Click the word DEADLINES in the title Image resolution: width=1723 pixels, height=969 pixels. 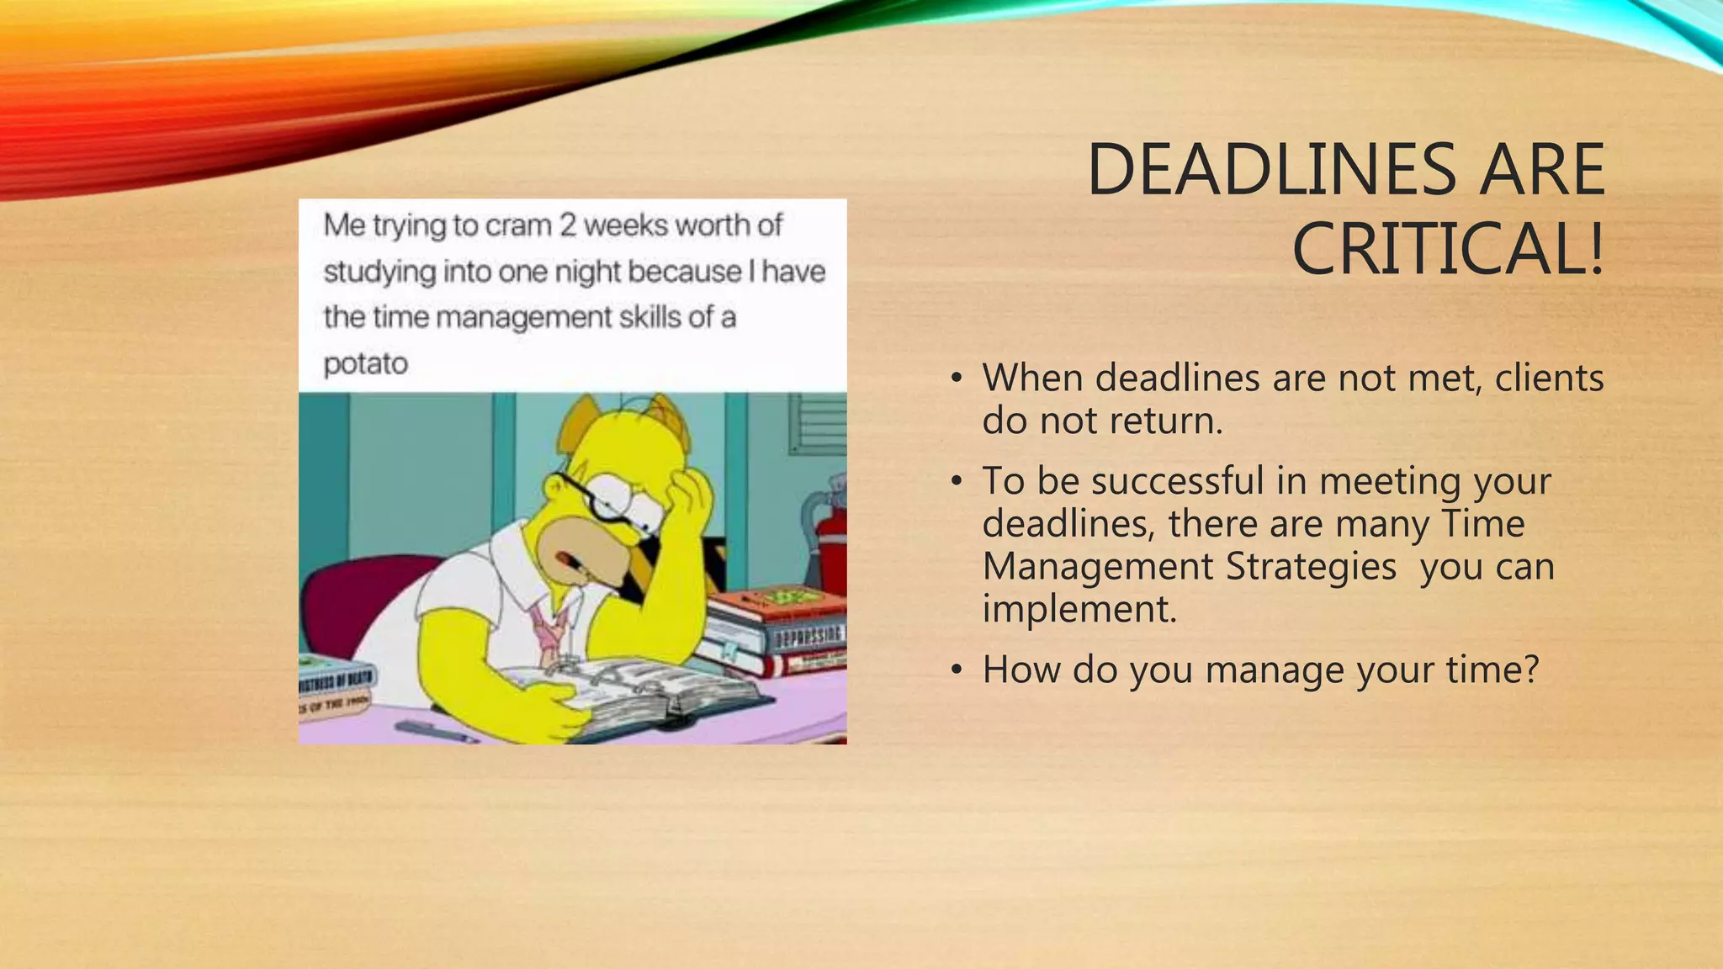(x=1271, y=171)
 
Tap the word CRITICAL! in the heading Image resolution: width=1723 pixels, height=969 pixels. (x=1448, y=250)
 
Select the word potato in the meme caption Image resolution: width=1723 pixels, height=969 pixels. (x=365, y=364)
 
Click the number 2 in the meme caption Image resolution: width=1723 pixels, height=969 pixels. (x=568, y=225)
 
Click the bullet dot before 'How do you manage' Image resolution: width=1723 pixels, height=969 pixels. (x=956, y=670)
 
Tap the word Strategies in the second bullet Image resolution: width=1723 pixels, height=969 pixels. (x=1312, y=566)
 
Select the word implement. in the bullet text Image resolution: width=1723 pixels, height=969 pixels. (x=1079, y=609)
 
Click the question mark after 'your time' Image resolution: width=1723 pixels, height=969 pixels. (x=1530, y=670)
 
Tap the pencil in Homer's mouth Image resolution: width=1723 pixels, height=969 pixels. (x=572, y=563)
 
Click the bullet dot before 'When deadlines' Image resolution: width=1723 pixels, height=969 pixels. (x=956, y=379)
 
